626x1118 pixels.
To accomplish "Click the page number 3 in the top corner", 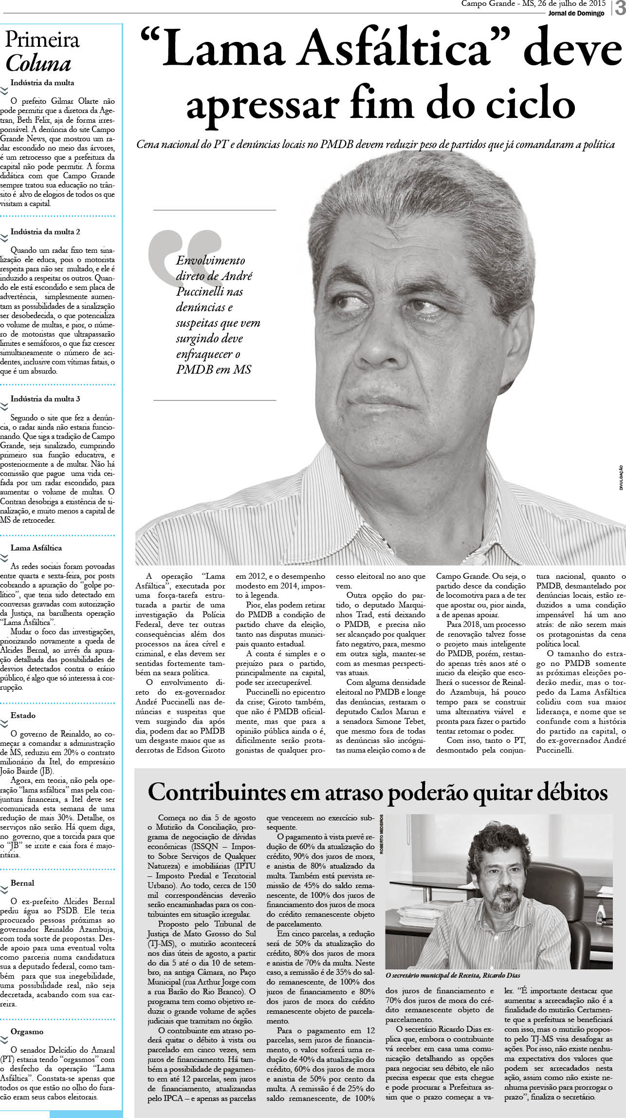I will tap(620, 9).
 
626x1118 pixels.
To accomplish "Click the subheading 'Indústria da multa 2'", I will tap(45, 232).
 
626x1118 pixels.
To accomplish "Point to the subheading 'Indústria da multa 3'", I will tap(45, 398).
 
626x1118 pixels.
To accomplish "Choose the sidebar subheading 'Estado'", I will tap(23, 716).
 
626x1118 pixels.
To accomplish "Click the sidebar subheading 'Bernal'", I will tap(22, 883).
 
